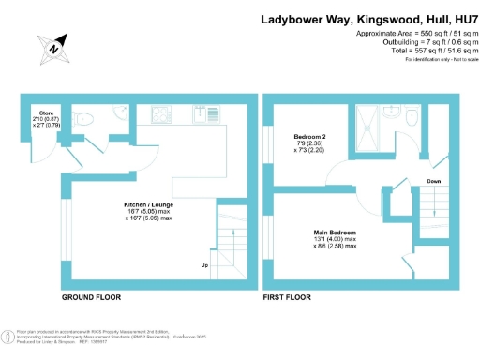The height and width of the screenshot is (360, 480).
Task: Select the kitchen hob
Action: pos(160,116)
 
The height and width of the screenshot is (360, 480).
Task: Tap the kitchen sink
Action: pos(202,115)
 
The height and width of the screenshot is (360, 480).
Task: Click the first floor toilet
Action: pos(411,116)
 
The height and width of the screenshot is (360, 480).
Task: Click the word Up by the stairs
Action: pos(204,265)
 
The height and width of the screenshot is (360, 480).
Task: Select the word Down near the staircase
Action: pos(433,182)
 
